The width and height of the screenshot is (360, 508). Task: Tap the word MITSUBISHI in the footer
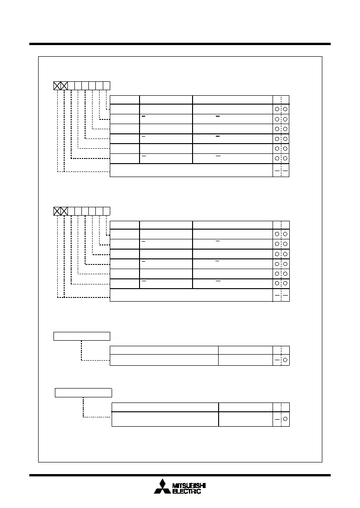189,486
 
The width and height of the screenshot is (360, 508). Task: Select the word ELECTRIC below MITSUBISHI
187,491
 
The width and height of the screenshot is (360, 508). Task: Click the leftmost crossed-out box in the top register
57,86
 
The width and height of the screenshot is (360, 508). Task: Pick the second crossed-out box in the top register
64,86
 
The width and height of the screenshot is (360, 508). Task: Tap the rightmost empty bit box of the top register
107,86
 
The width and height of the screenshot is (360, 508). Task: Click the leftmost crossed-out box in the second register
57,211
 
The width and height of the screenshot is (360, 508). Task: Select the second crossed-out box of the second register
64,211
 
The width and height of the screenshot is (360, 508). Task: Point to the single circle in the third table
286,360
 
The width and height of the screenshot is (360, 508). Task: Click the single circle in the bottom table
286,419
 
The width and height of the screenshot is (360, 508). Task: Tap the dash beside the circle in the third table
277,360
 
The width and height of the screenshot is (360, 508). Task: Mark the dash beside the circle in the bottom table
277,419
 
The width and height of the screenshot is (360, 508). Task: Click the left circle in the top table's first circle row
277,109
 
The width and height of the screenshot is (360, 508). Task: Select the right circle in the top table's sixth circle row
286,158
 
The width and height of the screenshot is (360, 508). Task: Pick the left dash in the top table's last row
277,171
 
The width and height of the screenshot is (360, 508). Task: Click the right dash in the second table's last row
286,296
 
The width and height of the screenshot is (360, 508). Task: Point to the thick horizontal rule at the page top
180,44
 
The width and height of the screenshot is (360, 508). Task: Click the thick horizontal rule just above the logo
180,475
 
